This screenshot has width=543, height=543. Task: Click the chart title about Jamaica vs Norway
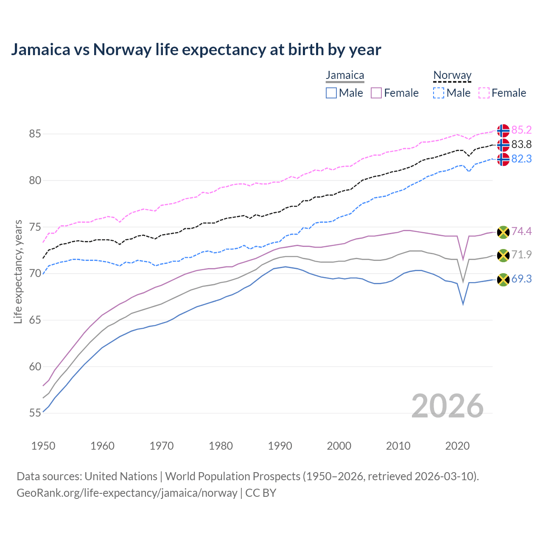click(x=196, y=50)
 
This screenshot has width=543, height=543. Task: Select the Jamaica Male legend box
click(x=331, y=93)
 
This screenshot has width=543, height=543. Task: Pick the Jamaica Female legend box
click(x=376, y=93)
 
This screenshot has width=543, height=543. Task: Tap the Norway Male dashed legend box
click(x=439, y=93)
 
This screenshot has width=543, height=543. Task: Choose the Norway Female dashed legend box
click(x=484, y=93)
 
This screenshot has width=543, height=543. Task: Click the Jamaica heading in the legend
click(x=345, y=76)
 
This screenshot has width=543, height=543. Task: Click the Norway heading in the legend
click(x=452, y=76)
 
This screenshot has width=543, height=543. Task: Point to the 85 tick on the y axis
click(x=35, y=134)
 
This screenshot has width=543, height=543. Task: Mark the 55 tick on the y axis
click(x=35, y=413)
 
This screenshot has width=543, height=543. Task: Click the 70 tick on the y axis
click(x=35, y=274)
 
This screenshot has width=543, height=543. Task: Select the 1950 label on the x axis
click(x=43, y=446)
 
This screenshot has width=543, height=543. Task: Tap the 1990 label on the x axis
click(x=280, y=446)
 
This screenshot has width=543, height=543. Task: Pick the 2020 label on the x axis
click(x=457, y=446)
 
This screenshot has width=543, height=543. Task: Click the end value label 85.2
click(x=521, y=130)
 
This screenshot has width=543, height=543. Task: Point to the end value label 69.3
click(x=521, y=279)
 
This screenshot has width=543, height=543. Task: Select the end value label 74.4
click(x=521, y=231)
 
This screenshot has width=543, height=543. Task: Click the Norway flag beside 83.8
click(x=503, y=145)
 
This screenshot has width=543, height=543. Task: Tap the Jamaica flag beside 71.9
click(x=503, y=255)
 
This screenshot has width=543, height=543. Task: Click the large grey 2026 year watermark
click(x=448, y=406)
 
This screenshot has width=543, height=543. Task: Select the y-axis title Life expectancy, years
click(x=18, y=271)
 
